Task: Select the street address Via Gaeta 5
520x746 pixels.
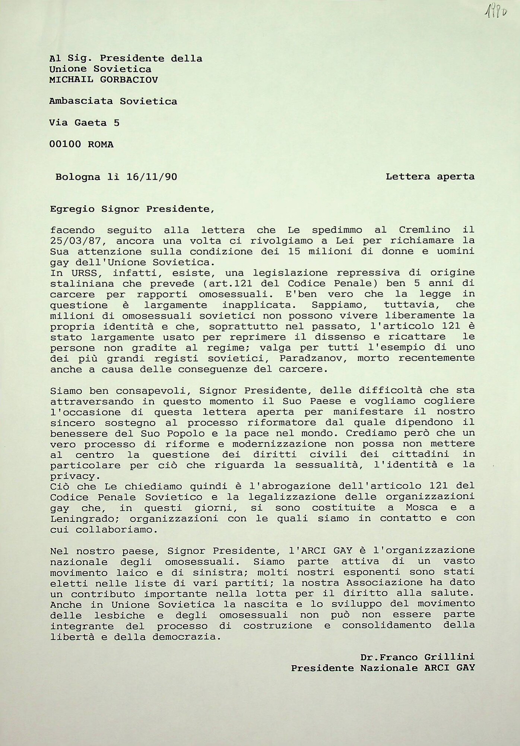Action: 84,123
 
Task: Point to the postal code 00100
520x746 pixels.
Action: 65,144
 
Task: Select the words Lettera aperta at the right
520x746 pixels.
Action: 430,176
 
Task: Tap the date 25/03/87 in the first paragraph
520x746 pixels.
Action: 76,241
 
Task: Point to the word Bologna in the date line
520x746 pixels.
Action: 78,177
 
